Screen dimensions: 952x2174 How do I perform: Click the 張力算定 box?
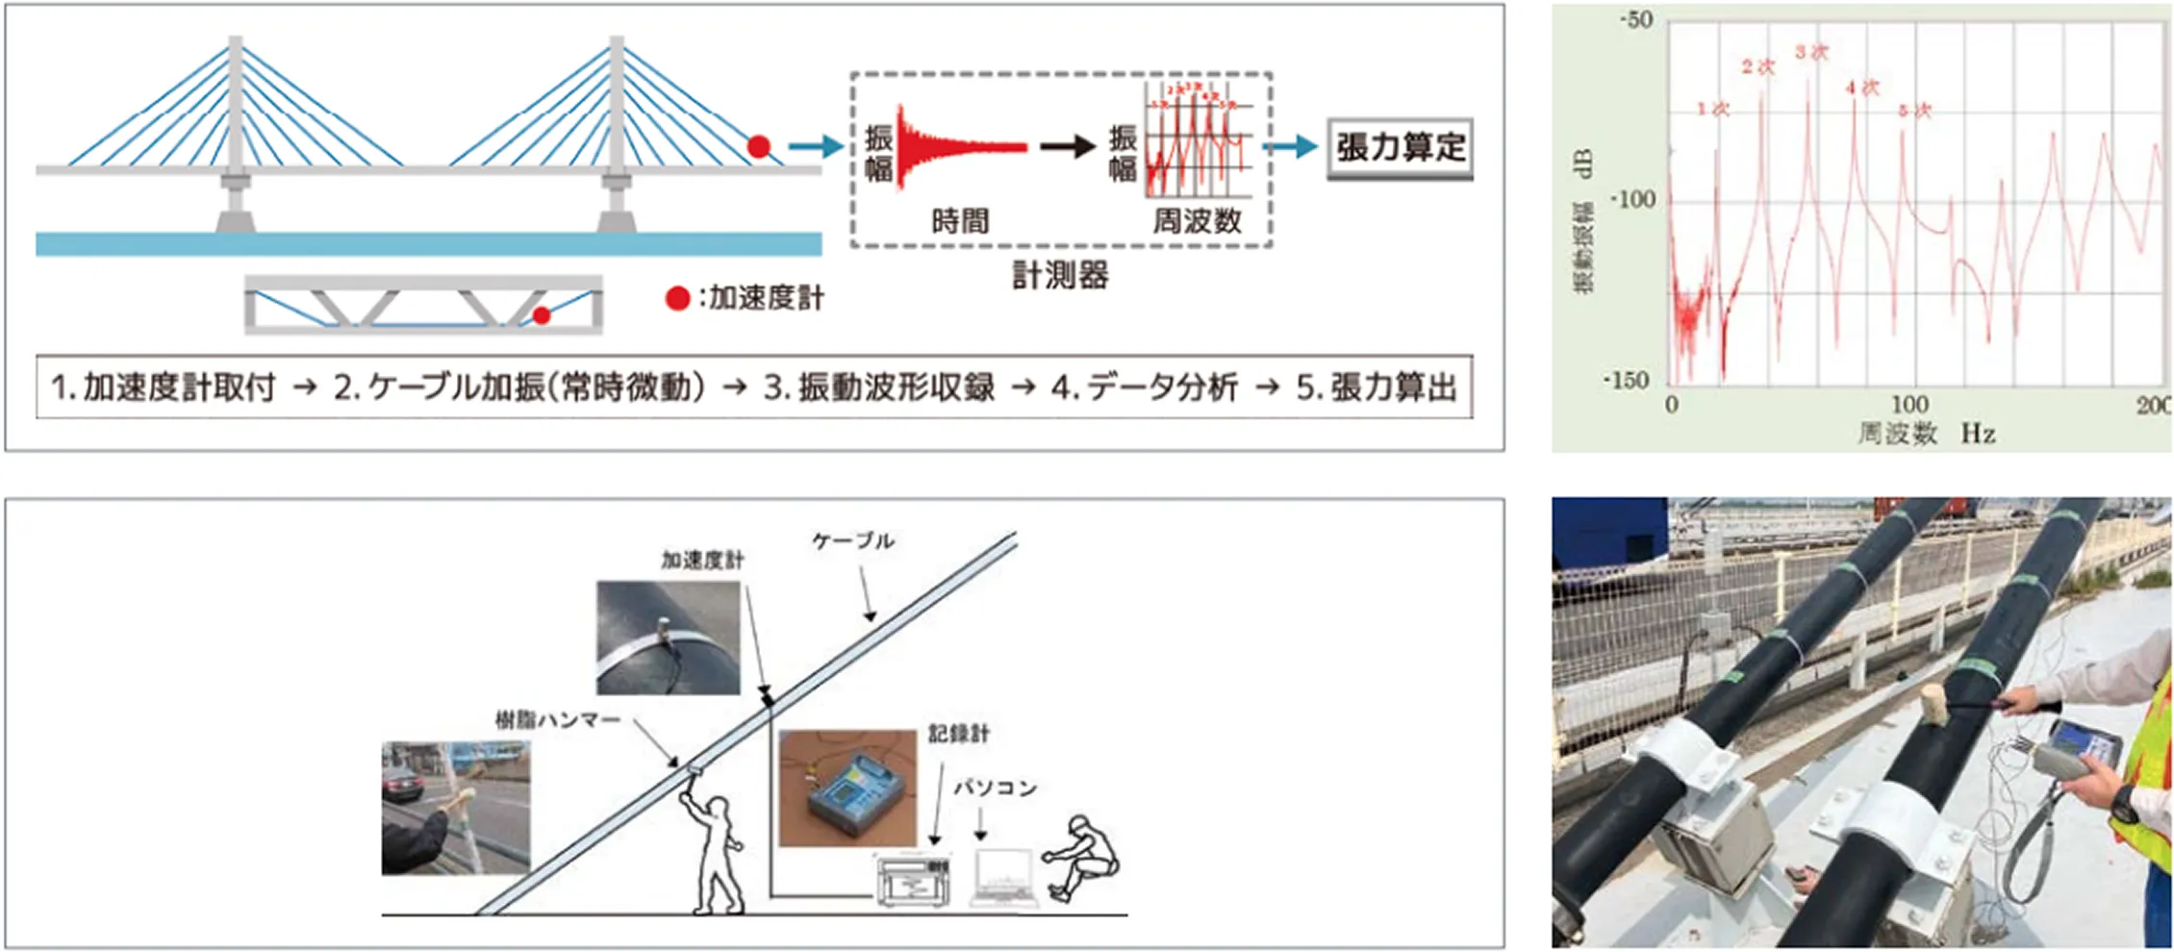click(x=1400, y=148)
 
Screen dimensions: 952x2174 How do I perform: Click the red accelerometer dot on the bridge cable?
click(x=759, y=147)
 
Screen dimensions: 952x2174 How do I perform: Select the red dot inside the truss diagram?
click(x=542, y=315)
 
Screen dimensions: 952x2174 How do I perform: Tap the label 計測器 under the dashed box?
click(x=1060, y=276)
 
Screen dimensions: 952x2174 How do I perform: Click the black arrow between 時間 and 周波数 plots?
click(x=1069, y=147)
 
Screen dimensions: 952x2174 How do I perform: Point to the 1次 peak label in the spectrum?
click(x=1712, y=109)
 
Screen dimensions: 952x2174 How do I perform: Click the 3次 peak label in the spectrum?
click(x=1811, y=52)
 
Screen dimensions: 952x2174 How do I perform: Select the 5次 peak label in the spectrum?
click(x=1914, y=111)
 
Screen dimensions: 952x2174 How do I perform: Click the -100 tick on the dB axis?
click(x=1632, y=200)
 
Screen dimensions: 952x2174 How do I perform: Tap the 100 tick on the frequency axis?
click(x=1909, y=404)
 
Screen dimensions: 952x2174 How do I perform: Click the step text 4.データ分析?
click(x=1144, y=388)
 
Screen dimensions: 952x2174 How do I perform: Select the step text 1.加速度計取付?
click(x=163, y=388)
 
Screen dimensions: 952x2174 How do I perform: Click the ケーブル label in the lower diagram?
click(x=853, y=541)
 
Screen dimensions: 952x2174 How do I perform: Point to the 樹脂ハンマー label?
click(x=558, y=719)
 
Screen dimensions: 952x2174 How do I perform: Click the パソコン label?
click(x=995, y=788)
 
